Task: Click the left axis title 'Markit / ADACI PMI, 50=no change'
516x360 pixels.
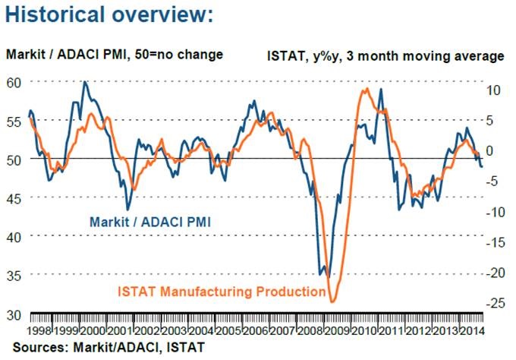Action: click(x=115, y=55)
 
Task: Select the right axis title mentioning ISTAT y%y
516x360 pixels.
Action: click(x=385, y=56)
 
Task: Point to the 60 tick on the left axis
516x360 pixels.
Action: click(x=14, y=82)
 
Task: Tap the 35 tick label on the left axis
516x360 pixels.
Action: click(x=14, y=274)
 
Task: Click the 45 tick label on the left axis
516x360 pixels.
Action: click(x=14, y=197)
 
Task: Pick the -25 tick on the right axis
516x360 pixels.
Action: click(x=495, y=303)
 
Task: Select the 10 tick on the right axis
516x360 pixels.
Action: click(x=495, y=90)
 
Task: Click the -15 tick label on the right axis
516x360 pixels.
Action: click(x=495, y=242)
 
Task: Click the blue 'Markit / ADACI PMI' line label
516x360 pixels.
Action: click(x=149, y=223)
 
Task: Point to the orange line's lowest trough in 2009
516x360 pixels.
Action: click(x=332, y=302)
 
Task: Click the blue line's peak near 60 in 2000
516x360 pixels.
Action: click(x=84, y=82)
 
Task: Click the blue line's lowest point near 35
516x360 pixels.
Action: click(x=321, y=275)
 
